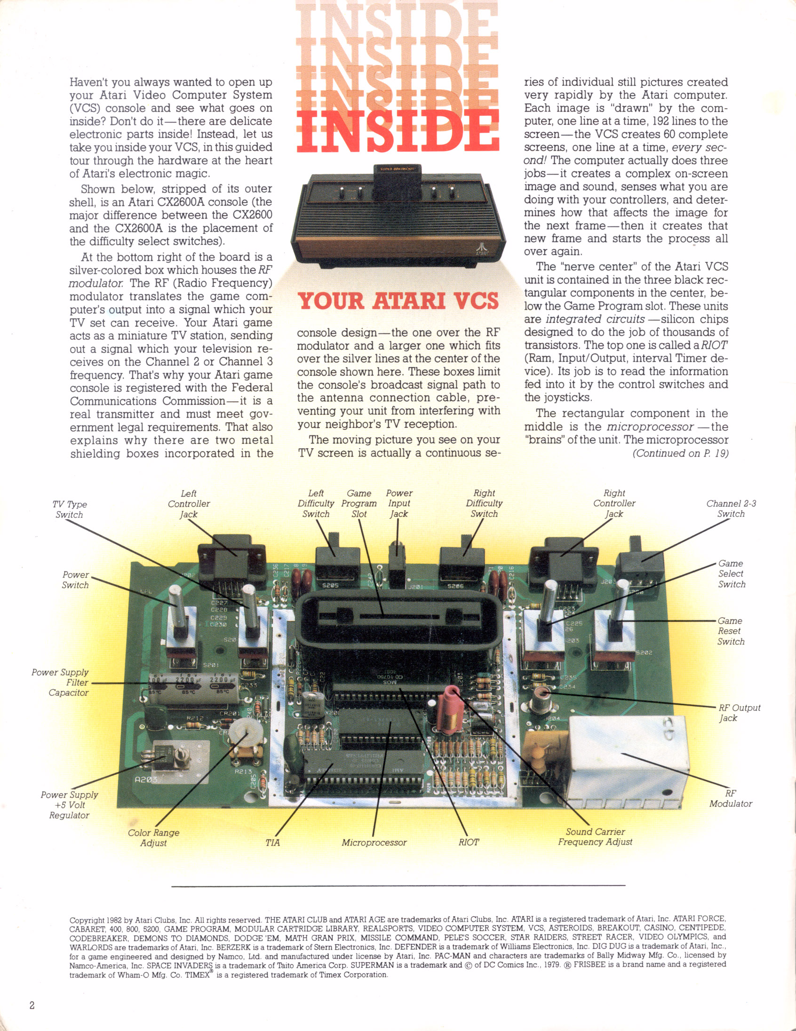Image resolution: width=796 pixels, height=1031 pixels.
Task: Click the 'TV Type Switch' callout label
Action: (x=69, y=509)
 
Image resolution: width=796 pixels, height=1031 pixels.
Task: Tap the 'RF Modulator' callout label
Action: (x=731, y=798)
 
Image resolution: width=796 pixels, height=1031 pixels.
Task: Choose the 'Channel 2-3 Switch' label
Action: (x=731, y=508)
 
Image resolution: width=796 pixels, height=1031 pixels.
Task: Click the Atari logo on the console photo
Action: (x=482, y=247)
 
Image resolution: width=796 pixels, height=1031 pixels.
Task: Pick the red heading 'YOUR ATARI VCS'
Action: (x=398, y=301)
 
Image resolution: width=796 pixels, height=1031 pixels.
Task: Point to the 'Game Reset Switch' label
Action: (x=731, y=631)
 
